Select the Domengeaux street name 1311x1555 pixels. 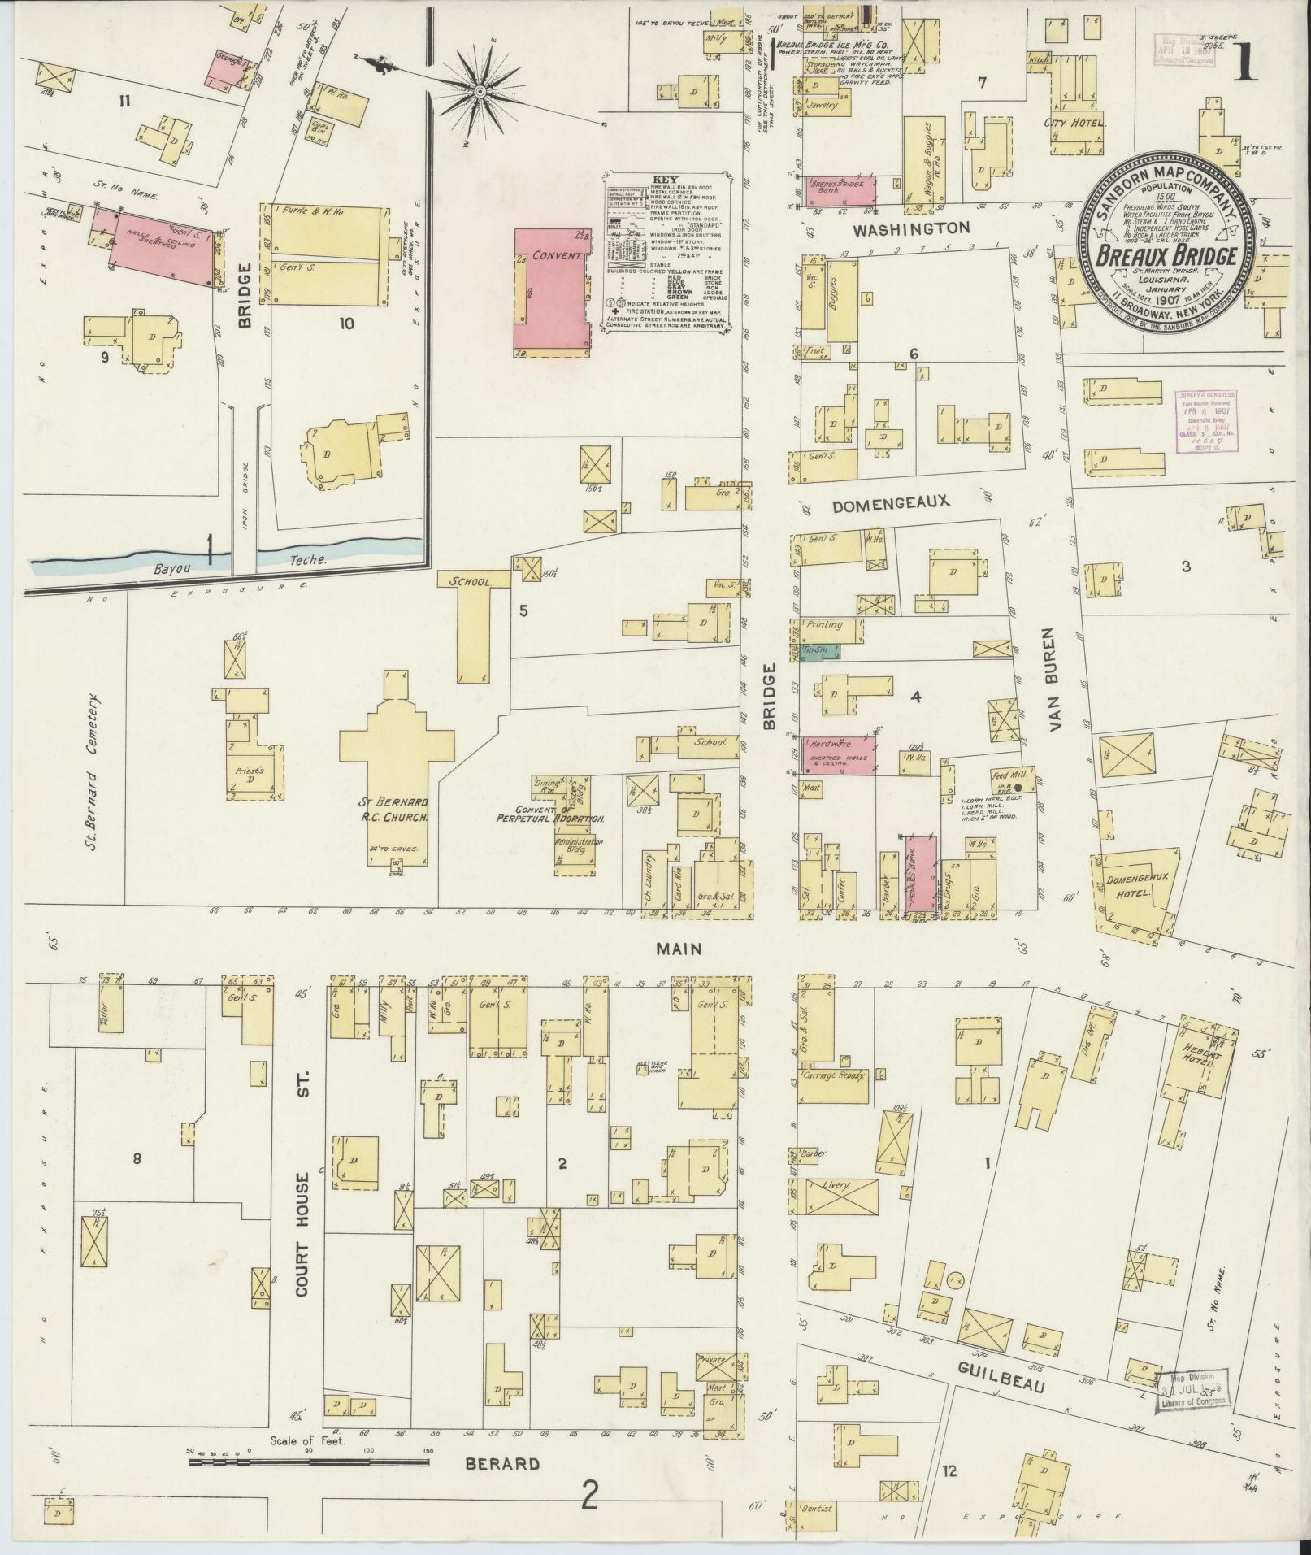890,502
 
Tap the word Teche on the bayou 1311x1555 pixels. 308,560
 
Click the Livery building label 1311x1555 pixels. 836,1186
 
